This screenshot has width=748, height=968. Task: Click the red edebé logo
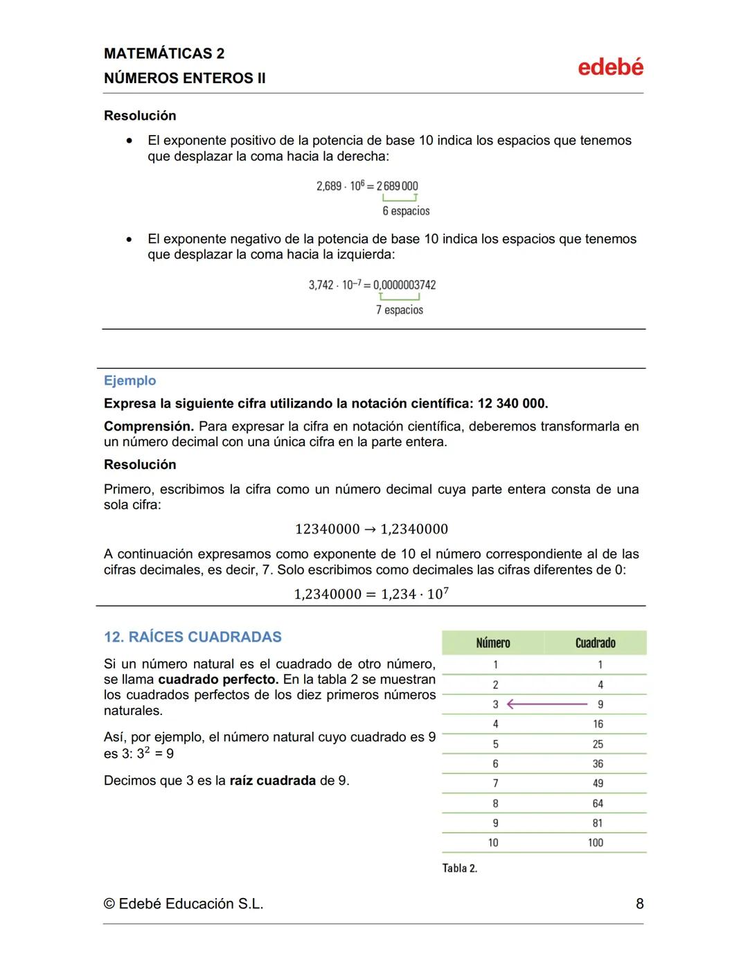(610, 67)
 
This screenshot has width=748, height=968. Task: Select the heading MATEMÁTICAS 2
(164, 53)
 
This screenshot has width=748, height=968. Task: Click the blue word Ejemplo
(130, 380)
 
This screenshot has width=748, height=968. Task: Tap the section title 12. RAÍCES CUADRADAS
(193, 637)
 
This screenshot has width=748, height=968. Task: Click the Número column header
(492, 643)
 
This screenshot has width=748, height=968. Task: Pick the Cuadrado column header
(595, 643)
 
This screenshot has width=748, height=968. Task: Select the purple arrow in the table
(547, 704)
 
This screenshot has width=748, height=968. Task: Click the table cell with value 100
(595, 843)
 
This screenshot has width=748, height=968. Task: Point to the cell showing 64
(597, 803)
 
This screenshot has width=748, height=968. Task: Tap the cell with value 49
(597, 783)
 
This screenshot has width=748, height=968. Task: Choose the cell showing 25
(597, 744)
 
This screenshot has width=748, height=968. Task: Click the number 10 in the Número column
(492, 843)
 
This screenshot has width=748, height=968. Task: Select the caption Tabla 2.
(459, 868)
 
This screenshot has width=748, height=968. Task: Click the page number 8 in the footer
(639, 904)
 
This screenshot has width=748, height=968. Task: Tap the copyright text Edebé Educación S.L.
(184, 904)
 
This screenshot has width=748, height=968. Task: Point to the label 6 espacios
(406, 211)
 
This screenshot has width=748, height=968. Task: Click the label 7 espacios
(399, 310)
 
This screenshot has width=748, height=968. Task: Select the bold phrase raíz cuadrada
(272, 780)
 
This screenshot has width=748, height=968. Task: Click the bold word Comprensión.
(148, 426)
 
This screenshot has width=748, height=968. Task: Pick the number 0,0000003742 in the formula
(404, 285)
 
